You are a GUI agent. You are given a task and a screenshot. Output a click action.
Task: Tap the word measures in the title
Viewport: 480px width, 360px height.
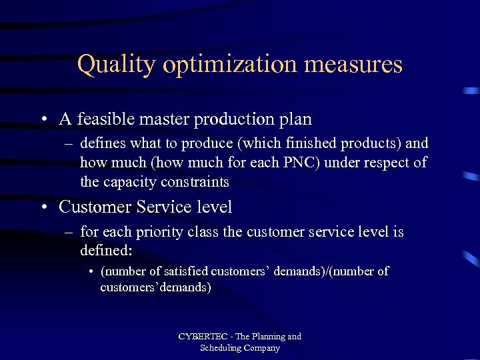357,65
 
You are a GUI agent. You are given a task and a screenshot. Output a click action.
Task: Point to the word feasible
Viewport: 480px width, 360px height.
104,119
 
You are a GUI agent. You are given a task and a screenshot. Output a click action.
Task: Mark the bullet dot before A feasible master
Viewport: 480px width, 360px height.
43,120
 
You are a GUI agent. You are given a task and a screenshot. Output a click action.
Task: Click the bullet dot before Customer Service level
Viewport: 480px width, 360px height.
43,208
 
